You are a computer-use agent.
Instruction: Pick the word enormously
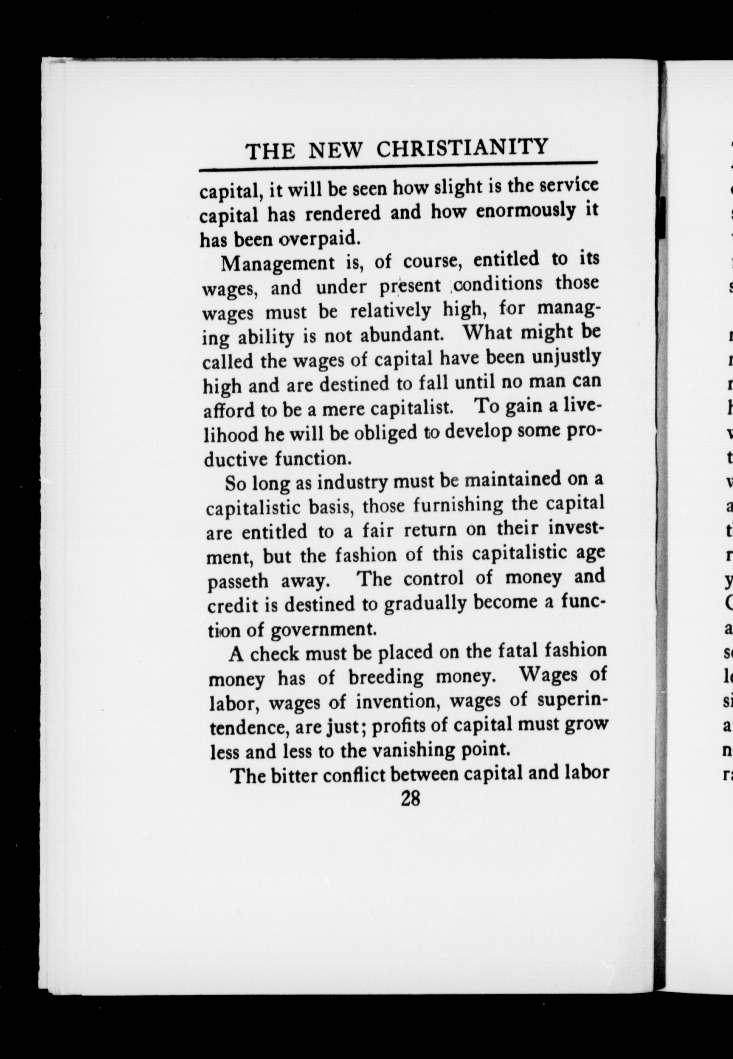pos(524,211)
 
